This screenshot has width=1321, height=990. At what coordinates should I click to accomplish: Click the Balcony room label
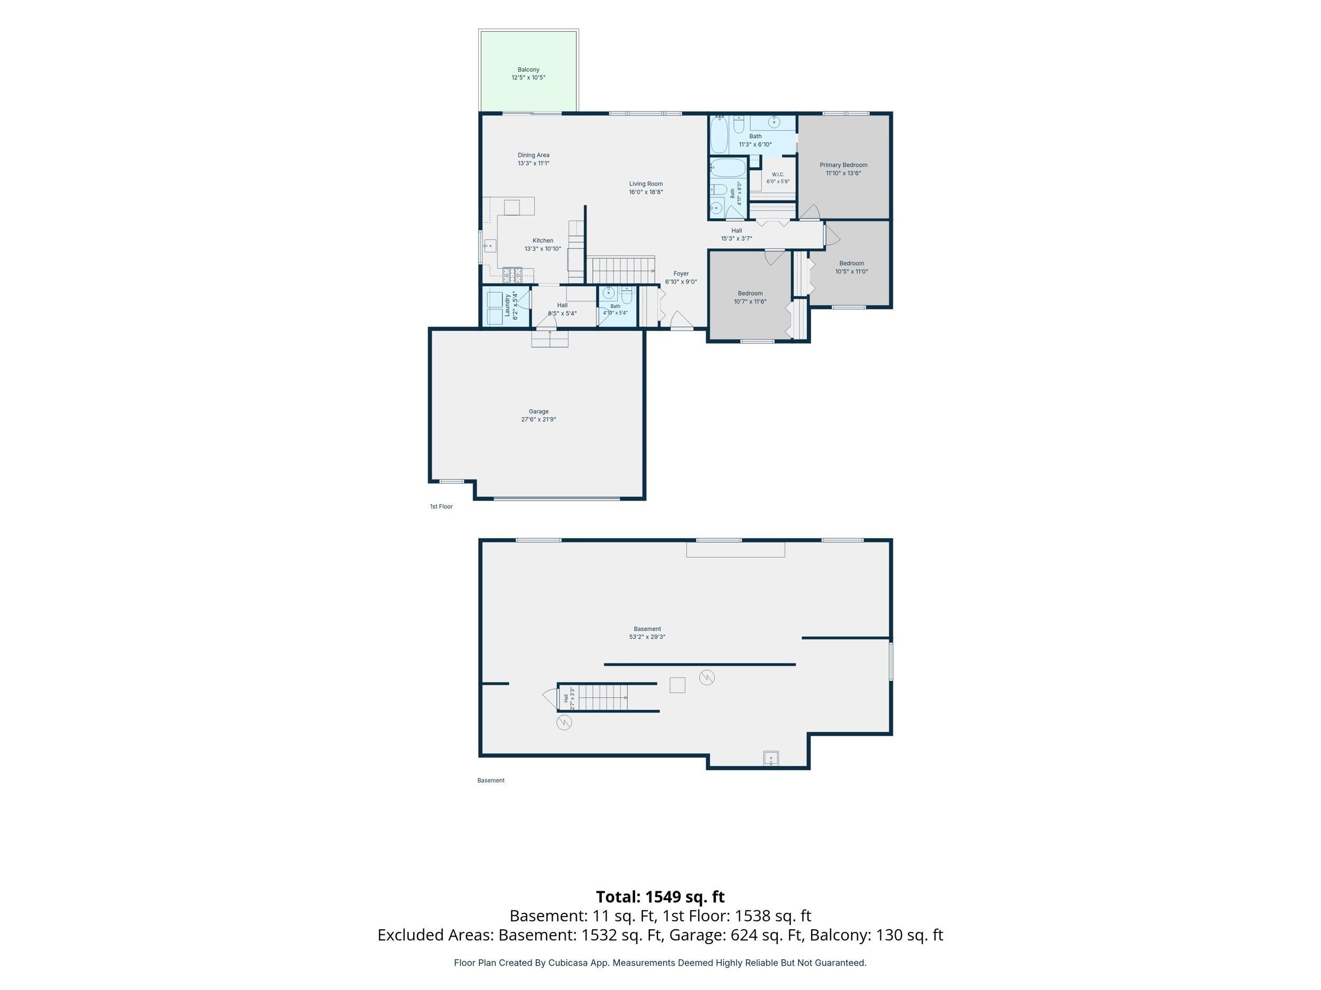[528, 70]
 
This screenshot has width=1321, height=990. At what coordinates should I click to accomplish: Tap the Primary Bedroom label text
[843, 165]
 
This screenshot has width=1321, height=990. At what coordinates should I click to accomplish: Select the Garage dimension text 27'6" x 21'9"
[538, 420]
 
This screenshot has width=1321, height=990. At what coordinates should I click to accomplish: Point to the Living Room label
[646, 184]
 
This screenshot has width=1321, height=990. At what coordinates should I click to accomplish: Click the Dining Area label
[533, 155]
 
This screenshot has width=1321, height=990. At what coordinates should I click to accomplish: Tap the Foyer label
[681, 274]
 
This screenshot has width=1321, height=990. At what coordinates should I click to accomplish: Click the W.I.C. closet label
[778, 175]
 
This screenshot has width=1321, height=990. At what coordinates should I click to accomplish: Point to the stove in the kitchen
[512, 275]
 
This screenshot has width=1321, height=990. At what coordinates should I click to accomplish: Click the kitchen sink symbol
[490, 246]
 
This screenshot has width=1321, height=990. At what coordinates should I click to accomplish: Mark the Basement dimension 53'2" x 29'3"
[647, 637]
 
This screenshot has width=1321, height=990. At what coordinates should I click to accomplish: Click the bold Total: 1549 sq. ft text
[660, 897]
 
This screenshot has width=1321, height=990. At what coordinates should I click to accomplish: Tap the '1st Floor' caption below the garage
[441, 507]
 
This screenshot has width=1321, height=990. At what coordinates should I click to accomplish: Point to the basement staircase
[603, 697]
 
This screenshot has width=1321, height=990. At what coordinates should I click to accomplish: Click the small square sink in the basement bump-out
[770, 758]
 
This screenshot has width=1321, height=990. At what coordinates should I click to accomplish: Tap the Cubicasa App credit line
[660, 963]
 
